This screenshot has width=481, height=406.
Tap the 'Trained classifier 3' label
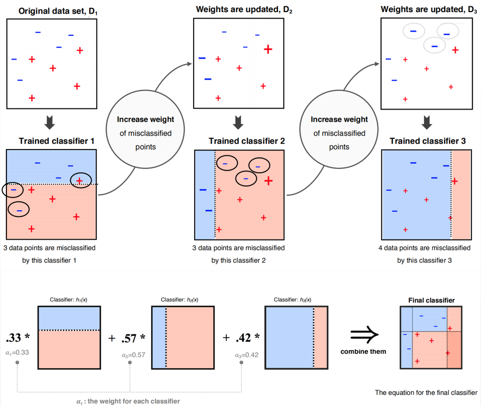coord(428,141)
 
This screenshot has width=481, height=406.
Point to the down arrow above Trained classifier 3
coord(427,123)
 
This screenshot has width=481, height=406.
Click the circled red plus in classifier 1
coord(79,181)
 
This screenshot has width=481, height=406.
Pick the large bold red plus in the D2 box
coord(268,49)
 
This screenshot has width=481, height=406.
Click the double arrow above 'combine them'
coord(364,333)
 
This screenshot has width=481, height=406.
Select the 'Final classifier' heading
coord(431,301)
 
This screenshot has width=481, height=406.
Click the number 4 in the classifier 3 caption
coord(380,247)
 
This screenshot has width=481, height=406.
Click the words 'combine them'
coord(364,351)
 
